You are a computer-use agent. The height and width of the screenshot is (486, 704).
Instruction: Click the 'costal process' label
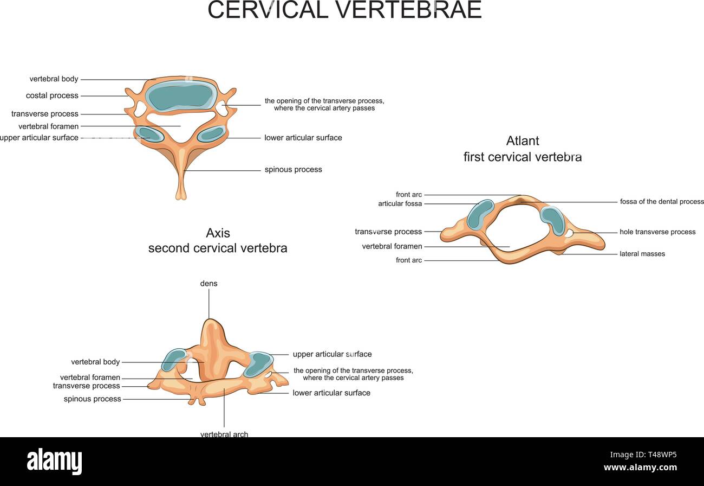[x=52, y=95]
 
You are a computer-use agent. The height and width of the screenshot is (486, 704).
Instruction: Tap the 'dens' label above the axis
[x=208, y=284]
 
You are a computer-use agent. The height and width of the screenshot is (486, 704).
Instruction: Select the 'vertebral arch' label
[x=224, y=434]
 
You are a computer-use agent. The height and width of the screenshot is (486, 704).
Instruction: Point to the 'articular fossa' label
[x=400, y=204]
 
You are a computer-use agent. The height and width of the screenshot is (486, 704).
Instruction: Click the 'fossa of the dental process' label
[x=662, y=202]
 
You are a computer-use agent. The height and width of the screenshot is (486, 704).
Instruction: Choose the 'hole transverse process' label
[x=657, y=232]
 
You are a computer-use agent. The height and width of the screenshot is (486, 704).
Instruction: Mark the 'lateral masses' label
[x=642, y=254]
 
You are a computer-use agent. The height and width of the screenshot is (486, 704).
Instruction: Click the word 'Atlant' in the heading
[x=523, y=141]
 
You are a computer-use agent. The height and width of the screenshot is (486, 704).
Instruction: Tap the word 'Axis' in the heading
[x=218, y=233]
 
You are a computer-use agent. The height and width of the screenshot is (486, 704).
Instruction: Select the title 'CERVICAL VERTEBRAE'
[x=344, y=10]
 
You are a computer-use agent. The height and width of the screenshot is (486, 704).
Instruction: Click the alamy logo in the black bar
[x=54, y=462]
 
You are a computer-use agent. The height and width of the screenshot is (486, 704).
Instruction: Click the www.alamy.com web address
[x=640, y=468]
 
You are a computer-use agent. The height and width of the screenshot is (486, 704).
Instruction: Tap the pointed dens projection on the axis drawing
[x=211, y=331]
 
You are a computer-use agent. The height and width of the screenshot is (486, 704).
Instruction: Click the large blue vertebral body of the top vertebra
[x=181, y=97]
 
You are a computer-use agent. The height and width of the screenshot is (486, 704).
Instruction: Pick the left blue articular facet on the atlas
[x=480, y=215]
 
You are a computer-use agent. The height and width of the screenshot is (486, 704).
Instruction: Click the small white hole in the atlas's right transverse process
[x=570, y=233]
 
